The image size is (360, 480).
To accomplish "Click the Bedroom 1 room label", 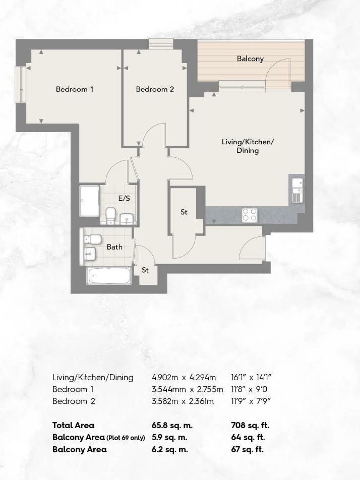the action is [x=75, y=89].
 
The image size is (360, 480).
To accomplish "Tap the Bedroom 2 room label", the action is [x=155, y=89].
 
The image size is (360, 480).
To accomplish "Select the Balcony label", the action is [x=250, y=59].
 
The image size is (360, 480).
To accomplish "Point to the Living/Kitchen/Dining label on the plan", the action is [x=248, y=146].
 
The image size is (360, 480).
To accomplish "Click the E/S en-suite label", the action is [x=124, y=198].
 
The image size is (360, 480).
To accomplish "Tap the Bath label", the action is [x=114, y=247].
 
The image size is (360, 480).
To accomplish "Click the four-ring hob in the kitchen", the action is [x=250, y=215].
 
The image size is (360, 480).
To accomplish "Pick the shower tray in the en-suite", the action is [x=89, y=201].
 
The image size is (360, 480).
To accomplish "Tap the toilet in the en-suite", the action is [x=110, y=215].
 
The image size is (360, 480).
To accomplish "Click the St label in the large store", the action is [x=184, y=212].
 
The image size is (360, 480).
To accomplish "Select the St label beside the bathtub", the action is [x=145, y=270].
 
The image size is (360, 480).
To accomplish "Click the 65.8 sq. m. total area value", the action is [x=172, y=426].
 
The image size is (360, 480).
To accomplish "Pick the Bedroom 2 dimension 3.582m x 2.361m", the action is [x=183, y=401].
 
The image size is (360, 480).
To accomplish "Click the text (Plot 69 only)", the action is [x=126, y=438].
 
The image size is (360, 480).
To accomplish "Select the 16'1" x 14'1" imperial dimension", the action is [x=251, y=378].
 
